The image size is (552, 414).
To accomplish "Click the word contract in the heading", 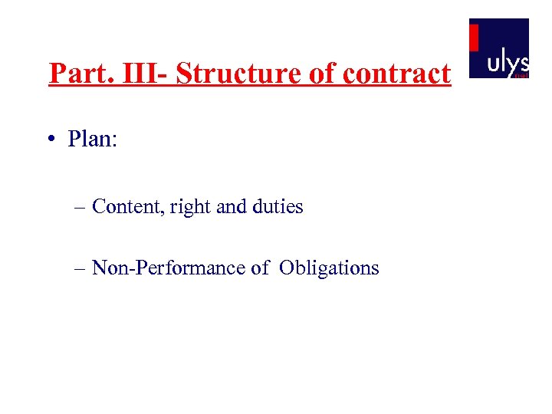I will tap(396, 74).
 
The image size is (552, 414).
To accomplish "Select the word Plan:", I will tap(92, 140).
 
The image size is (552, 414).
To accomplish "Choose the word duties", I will tap(278, 206).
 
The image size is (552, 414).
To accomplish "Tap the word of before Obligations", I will tap(260, 268).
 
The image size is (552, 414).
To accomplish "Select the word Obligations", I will tap(329, 268).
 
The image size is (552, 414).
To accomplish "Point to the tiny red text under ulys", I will tap(521, 76).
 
